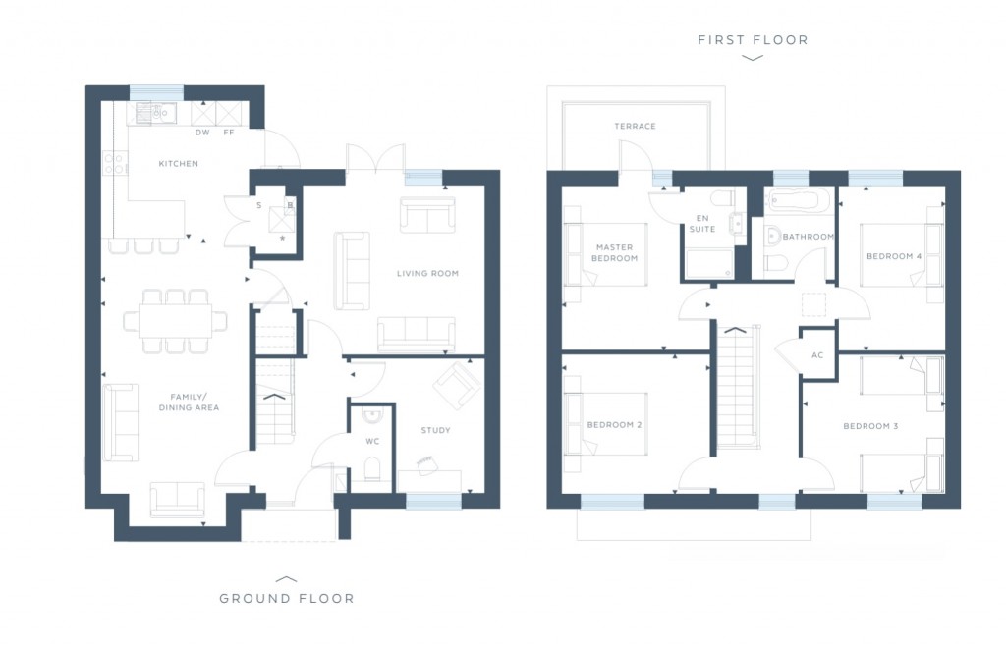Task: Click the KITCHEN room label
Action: [x=179, y=164]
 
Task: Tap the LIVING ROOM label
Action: [x=427, y=273]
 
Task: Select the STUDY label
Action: [x=435, y=430]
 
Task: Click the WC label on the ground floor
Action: [x=371, y=441]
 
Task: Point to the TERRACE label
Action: [x=635, y=126]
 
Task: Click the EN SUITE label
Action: [x=701, y=223]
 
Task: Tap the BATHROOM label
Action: [x=808, y=237]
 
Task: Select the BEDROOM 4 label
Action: [x=894, y=257]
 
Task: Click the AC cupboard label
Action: [x=817, y=355]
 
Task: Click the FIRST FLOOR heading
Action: [x=753, y=40]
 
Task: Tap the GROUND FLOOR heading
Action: [x=286, y=598]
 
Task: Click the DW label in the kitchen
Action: [x=202, y=132]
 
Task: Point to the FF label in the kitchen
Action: [x=229, y=132]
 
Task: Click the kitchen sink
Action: [x=156, y=113]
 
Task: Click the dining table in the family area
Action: [x=175, y=320]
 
